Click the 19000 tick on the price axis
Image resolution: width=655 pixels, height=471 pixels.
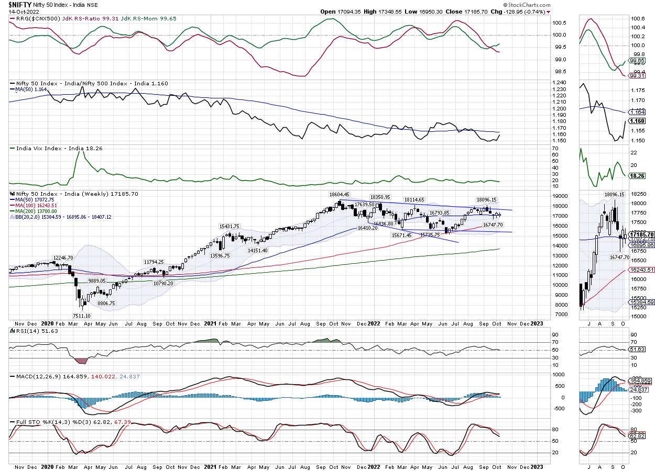[561, 196]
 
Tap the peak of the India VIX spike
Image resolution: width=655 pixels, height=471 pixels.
[78, 151]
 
